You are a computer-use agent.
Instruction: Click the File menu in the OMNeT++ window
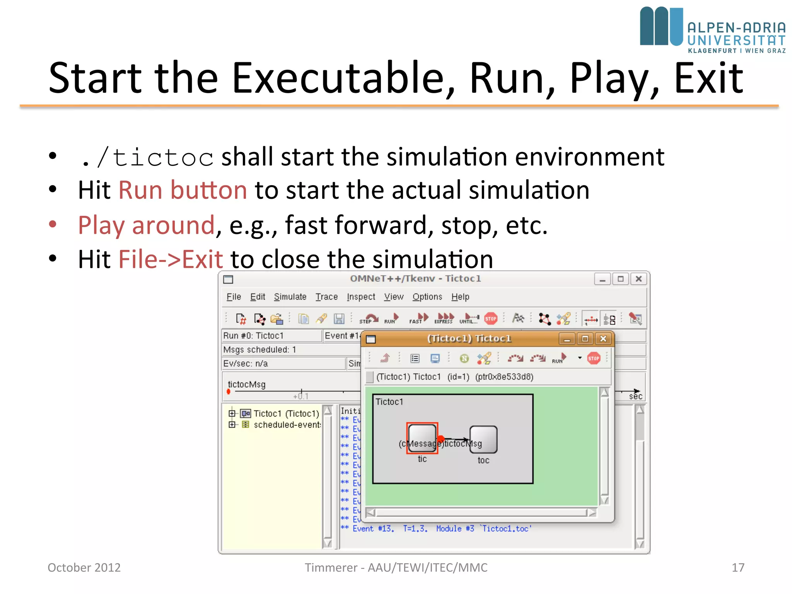[x=234, y=297]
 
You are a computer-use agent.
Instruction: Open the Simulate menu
[x=290, y=297]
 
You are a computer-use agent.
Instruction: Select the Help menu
[x=460, y=297]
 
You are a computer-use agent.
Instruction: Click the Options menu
[x=427, y=297]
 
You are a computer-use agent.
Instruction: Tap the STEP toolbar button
[x=368, y=318]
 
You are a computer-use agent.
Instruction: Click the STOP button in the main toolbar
[x=490, y=318]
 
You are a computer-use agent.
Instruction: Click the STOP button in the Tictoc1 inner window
[x=594, y=358]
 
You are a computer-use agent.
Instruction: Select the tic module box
[x=422, y=438]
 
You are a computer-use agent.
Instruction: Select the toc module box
[x=483, y=439]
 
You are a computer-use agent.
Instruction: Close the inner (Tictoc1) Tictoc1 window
[x=603, y=339]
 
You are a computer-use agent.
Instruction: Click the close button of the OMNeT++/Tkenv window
[x=638, y=279]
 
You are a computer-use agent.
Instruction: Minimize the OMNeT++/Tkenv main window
[x=603, y=279]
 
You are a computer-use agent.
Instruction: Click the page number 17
[x=738, y=567]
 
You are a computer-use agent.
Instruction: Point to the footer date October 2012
[x=84, y=567]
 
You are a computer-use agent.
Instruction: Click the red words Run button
[x=183, y=190]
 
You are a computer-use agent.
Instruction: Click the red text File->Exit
[x=171, y=259]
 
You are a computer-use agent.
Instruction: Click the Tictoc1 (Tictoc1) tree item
[x=286, y=413]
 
